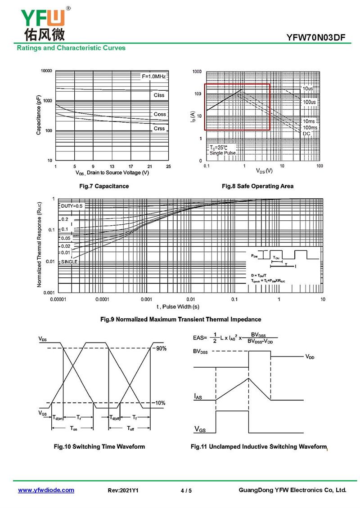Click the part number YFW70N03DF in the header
coord(316,38)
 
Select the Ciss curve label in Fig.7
coord(159,95)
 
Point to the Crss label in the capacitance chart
coord(159,129)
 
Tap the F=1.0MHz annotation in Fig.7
coord(154,77)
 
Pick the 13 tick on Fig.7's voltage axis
coord(112,166)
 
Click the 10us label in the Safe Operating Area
coord(308,89)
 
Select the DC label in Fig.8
coord(306,134)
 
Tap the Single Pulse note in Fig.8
coord(223,153)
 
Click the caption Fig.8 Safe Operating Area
coord(257,186)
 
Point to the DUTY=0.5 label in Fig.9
coord(72,205)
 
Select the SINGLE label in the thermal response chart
coord(69,261)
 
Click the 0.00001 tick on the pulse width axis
coord(58,299)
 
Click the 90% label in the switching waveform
coord(161,348)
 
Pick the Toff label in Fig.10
coord(130,428)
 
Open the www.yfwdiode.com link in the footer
coord(46,490)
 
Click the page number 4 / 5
coord(186,490)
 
